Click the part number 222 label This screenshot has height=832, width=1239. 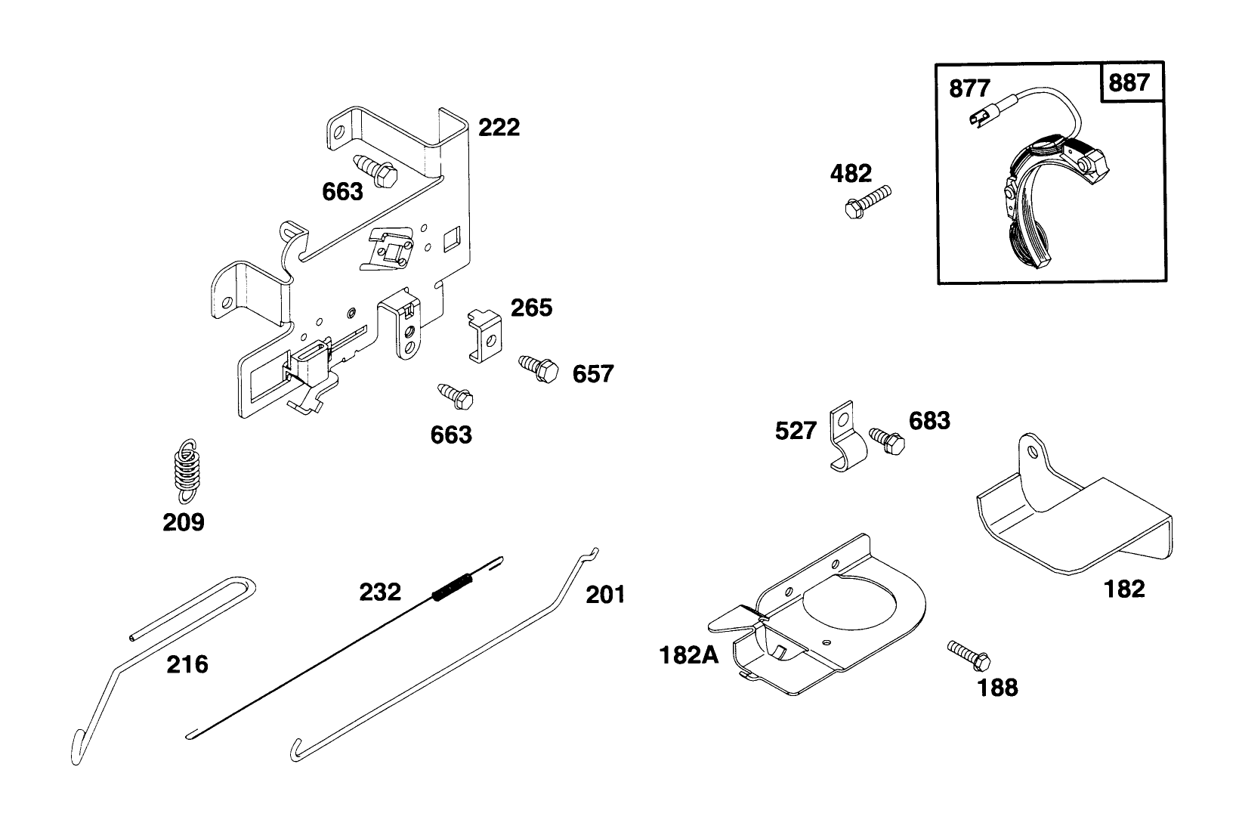[499, 127]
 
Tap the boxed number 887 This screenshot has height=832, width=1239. [1129, 82]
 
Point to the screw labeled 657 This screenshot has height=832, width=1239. [539, 369]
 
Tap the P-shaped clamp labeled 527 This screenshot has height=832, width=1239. [845, 441]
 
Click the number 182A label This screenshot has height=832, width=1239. [689, 654]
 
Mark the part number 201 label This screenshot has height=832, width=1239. [605, 595]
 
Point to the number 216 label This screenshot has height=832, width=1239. [187, 664]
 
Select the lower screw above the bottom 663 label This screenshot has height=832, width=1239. [456, 394]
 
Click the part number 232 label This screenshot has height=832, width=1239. [379, 592]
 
